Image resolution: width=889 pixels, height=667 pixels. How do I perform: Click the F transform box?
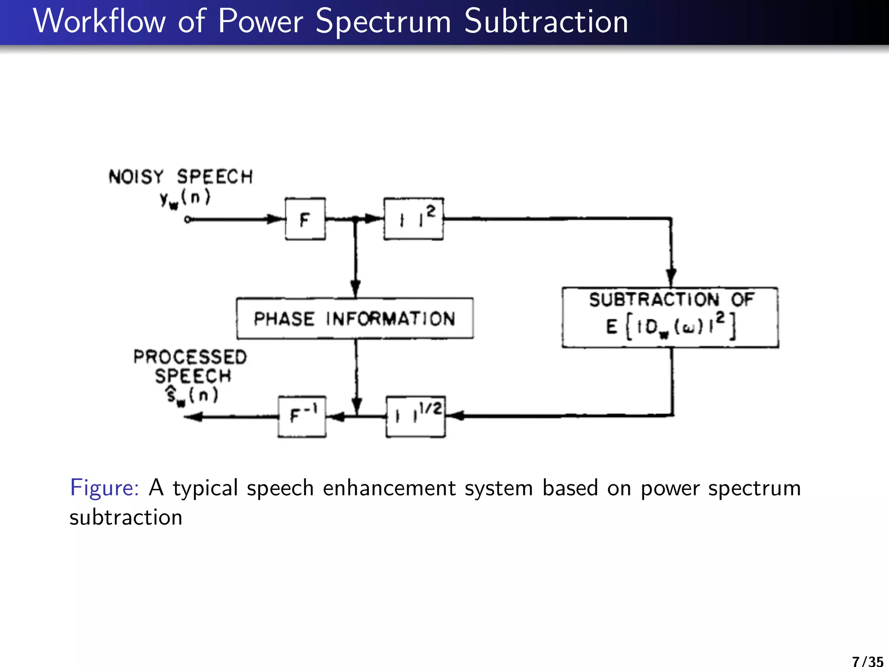(305, 219)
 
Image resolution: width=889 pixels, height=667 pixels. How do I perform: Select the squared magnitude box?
(413, 219)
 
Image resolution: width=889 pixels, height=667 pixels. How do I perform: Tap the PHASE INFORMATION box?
(355, 318)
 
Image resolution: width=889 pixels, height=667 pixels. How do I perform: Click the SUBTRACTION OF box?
(670, 317)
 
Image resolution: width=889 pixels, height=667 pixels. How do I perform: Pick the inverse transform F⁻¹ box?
(302, 416)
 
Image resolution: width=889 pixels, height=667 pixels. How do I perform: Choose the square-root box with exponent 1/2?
(415, 416)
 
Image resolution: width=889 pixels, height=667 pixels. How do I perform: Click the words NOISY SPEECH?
(181, 177)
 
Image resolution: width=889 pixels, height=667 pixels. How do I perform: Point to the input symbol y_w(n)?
(185, 198)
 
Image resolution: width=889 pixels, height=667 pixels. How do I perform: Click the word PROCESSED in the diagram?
(190, 357)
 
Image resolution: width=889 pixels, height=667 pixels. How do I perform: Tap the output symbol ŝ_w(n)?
(192, 396)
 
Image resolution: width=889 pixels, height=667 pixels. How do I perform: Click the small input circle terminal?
(188, 220)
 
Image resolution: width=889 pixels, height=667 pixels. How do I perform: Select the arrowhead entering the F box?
(275, 219)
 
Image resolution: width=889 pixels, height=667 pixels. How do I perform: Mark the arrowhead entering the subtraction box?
(671, 277)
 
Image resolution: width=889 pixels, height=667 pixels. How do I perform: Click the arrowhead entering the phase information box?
(356, 288)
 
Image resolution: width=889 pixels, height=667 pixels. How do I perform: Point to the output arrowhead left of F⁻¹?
(194, 417)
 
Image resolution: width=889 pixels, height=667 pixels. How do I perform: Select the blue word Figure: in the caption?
(104, 487)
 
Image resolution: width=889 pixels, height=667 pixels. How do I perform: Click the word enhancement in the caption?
(389, 488)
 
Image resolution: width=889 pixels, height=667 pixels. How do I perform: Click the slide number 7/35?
(867, 660)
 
